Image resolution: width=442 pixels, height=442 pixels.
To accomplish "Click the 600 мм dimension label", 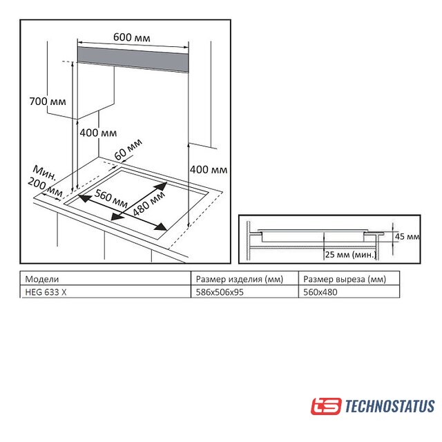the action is (132, 37).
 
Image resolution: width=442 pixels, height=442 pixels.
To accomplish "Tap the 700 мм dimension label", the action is (48, 102).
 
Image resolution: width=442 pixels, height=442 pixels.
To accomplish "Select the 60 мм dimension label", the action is (128, 149).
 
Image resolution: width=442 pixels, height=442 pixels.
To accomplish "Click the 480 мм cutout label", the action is (148, 204).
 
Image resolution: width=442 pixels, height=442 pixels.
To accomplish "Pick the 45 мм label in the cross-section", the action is (407, 236).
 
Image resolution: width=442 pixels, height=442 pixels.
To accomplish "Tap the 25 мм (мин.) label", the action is (351, 255).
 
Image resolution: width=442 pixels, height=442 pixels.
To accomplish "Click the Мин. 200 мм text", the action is (45, 181).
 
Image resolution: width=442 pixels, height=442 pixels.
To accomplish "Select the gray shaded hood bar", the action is (133, 59).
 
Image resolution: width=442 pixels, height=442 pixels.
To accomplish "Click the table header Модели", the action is (42, 279).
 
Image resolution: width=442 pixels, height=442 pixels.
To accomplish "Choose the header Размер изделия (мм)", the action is (240, 279).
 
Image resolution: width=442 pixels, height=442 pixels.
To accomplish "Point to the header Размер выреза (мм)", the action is (345, 279).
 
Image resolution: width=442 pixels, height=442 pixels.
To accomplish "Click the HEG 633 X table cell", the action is (46, 292).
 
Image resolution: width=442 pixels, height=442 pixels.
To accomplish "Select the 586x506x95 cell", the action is (220, 292).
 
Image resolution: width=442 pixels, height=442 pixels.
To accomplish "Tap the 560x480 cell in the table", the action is (320, 292).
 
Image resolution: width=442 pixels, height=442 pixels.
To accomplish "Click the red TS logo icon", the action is (326, 406).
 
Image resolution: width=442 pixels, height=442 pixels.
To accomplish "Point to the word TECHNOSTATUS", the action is (390, 406).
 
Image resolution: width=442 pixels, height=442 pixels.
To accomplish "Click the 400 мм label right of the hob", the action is (209, 169).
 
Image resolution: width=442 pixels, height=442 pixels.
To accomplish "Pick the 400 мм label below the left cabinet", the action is (98, 133).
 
